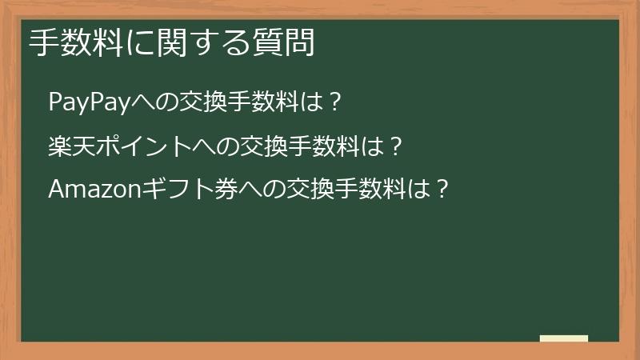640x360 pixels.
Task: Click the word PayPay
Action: click(89, 102)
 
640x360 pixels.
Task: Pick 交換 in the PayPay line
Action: click(206, 102)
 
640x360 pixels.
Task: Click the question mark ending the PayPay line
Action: click(335, 102)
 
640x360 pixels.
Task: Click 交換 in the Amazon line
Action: click(311, 190)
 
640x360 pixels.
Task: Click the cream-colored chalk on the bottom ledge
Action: click(564, 338)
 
